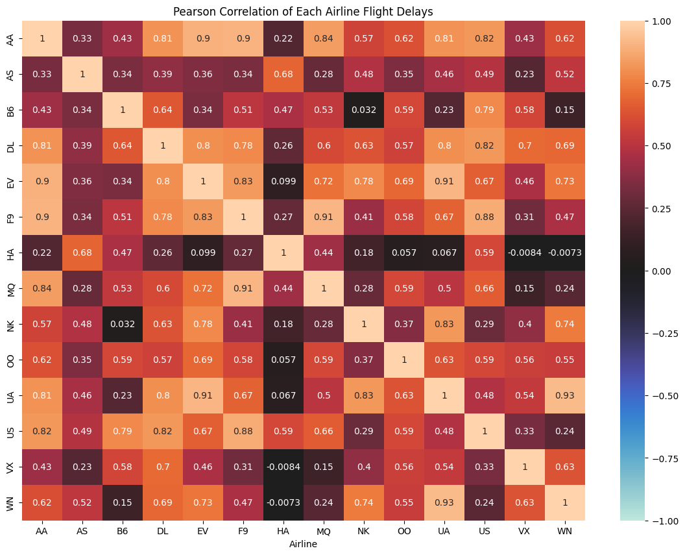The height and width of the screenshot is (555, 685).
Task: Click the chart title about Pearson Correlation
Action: coord(304,11)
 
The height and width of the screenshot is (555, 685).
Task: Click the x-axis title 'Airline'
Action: coord(304,544)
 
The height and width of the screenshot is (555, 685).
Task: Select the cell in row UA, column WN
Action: coord(565,395)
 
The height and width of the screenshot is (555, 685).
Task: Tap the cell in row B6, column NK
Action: coord(364,110)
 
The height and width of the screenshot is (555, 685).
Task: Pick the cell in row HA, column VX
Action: coord(525,253)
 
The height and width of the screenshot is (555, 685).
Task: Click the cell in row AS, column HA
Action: coord(283,74)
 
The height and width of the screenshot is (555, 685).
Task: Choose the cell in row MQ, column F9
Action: coord(243,288)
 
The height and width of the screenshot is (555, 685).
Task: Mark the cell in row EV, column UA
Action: coord(444,181)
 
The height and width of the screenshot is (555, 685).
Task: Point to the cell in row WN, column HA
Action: coord(283,502)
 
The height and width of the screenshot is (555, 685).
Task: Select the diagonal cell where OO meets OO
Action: coord(404,360)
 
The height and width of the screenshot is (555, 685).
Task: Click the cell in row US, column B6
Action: coord(123,431)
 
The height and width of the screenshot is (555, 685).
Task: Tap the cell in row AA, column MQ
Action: coord(324,38)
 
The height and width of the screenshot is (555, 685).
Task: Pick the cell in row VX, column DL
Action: coord(163,467)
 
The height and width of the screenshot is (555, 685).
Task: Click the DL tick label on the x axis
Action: coord(163,530)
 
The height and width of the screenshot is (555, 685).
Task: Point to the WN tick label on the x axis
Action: coord(565,530)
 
